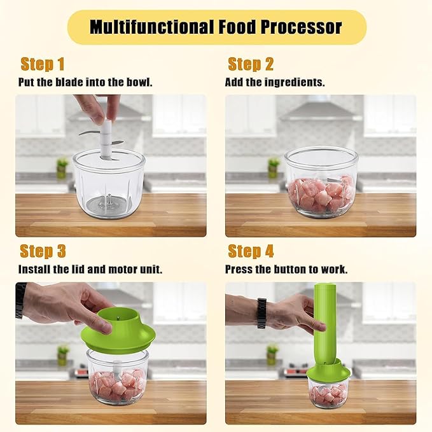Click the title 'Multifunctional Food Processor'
[x=216, y=27]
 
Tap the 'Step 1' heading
[x=43, y=64]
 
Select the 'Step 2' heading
[x=251, y=64]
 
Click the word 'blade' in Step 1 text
[x=72, y=83]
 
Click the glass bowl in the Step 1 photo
[x=109, y=185]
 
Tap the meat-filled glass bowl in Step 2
[x=321, y=185]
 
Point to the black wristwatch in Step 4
[x=261, y=313]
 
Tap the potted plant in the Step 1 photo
[x=62, y=167]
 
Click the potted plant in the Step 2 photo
[x=273, y=167]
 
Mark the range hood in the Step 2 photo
[x=321, y=109]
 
